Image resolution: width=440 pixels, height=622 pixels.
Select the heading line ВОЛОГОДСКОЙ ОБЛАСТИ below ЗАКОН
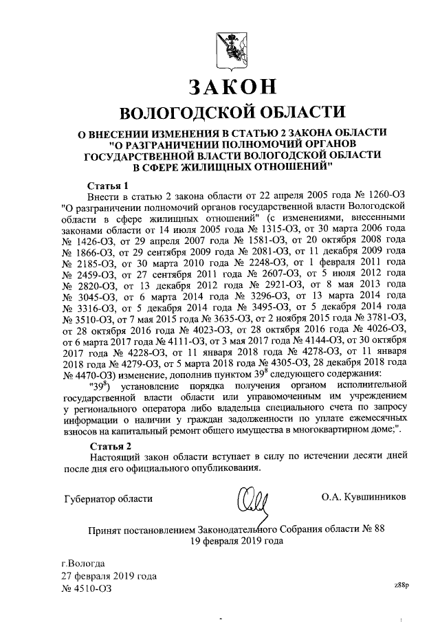232,113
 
